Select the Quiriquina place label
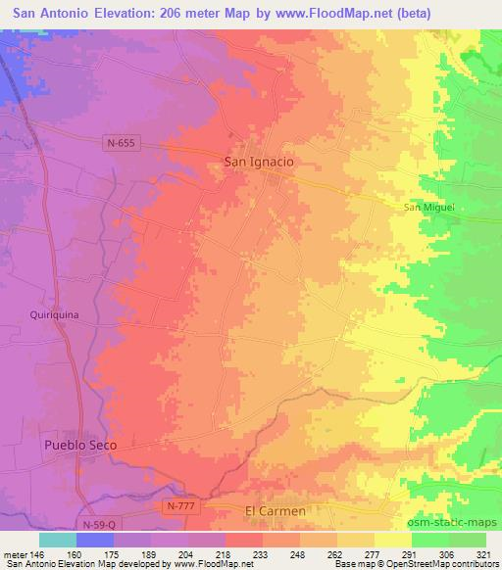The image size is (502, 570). (54, 315)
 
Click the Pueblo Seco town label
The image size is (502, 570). (80, 446)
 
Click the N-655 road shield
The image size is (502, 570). (121, 143)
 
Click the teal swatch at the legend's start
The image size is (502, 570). (57, 540)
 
